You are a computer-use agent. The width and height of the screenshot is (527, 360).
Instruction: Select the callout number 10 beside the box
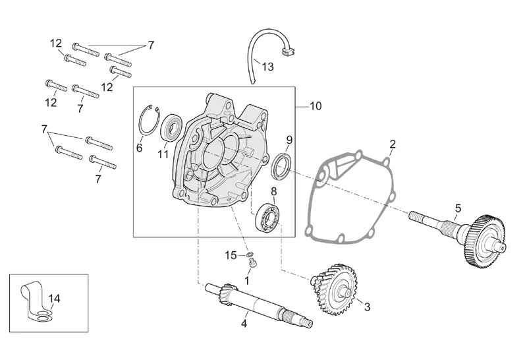[x=316, y=106]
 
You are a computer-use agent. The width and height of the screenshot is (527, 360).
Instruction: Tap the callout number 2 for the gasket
[x=392, y=144]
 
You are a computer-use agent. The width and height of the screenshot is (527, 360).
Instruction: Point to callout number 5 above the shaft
[x=458, y=208]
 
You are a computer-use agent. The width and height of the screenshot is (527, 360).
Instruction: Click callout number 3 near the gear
[x=367, y=307]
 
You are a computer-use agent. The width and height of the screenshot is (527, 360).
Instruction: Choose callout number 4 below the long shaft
[x=244, y=323]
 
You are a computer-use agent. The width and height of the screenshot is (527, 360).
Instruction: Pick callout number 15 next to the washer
[x=230, y=255]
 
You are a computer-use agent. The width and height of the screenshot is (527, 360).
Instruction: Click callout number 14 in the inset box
[x=54, y=299]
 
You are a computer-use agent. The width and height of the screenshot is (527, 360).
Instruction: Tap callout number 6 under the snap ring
[x=139, y=148]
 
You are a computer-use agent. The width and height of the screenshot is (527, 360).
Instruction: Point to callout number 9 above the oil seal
[x=289, y=140]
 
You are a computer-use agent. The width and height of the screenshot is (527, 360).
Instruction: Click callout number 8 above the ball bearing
[x=273, y=191]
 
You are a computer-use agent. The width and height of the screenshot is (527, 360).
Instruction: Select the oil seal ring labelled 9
[x=281, y=165]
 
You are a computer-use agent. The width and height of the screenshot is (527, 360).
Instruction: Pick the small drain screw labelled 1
[x=252, y=264]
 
